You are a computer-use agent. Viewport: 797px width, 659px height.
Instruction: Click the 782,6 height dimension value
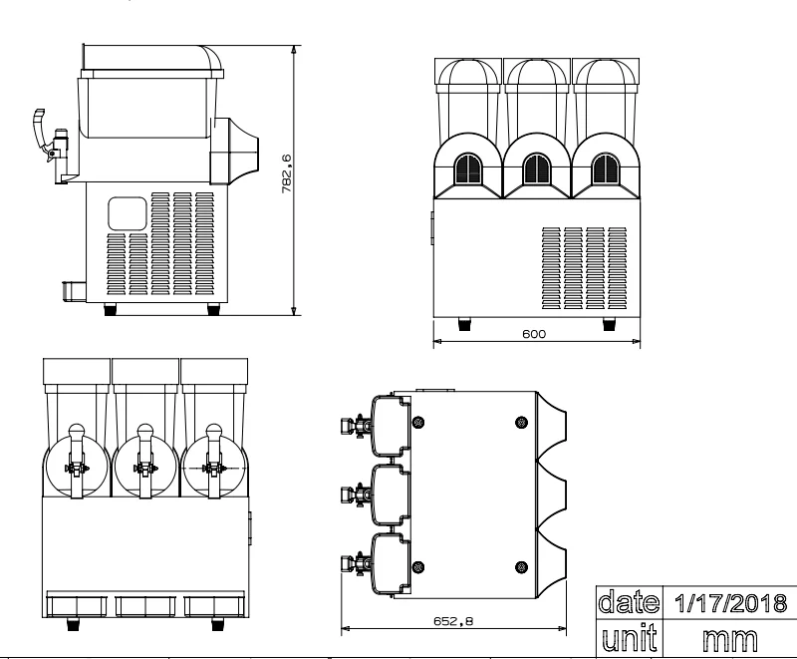[287, 178]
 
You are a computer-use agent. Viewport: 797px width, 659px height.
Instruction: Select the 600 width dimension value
[533, 335]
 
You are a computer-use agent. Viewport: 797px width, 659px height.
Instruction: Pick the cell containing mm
[728, 635]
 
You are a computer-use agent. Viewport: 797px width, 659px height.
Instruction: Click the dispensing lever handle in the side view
[40, 125]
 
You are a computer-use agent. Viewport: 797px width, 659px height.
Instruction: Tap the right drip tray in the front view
[213, 604]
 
